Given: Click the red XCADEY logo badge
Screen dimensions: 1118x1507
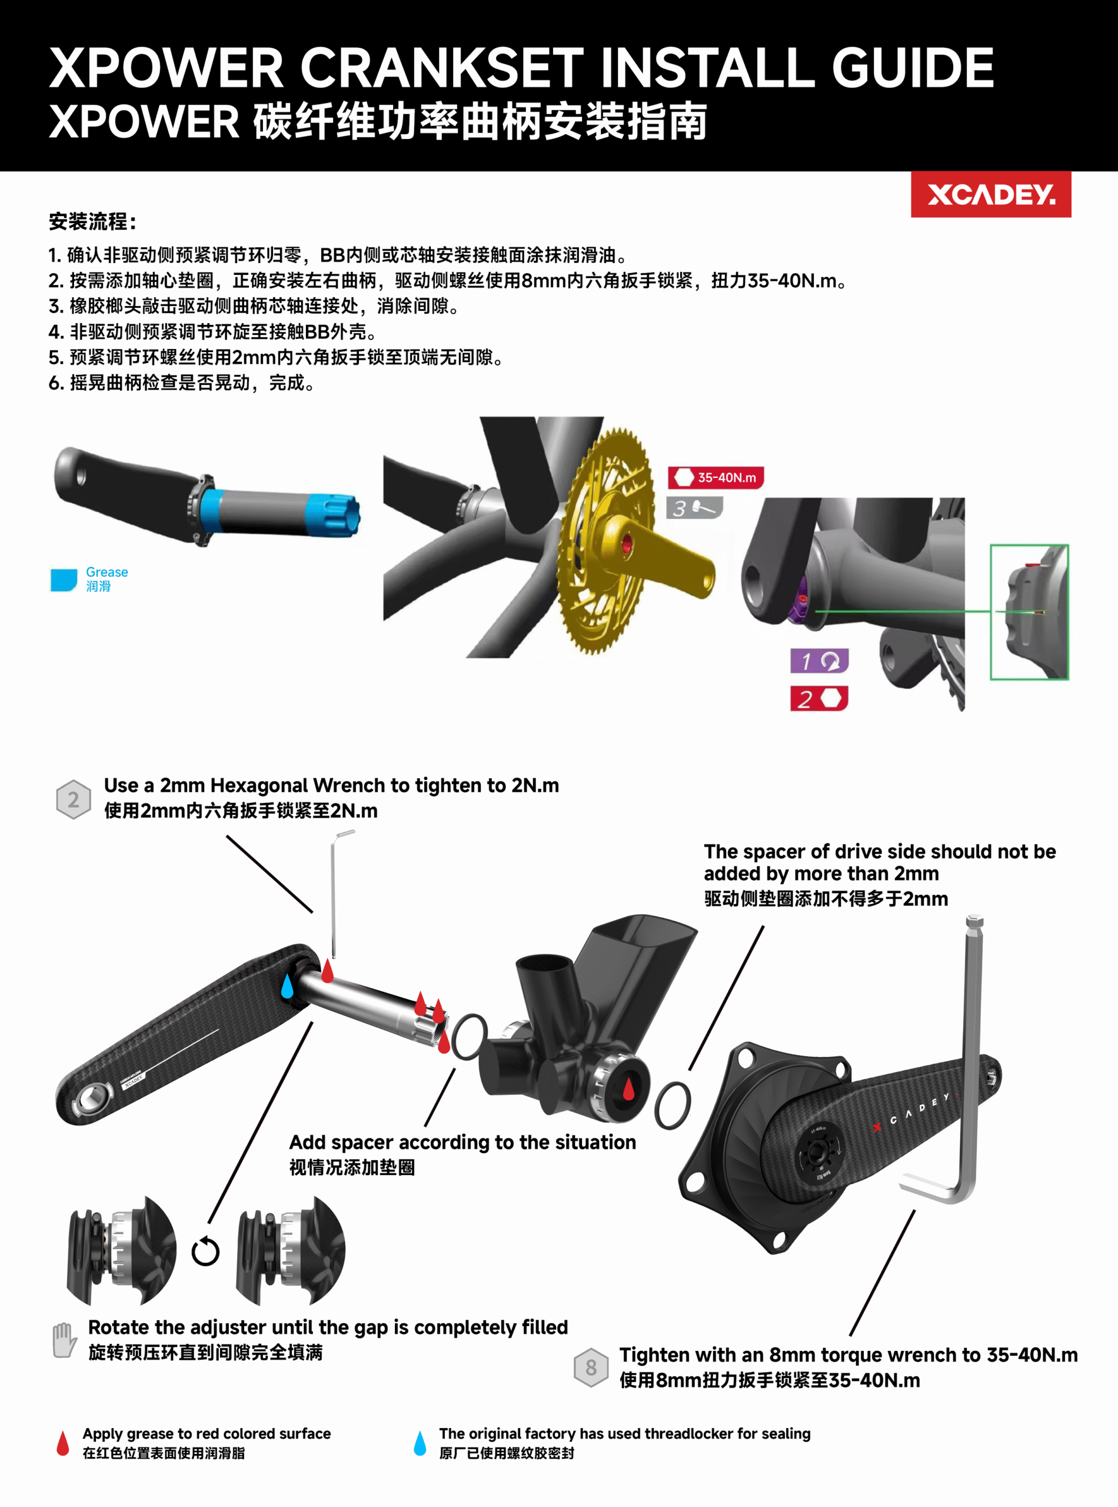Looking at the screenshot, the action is point(991,194).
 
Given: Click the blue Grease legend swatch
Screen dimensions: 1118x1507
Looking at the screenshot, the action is point(64,579).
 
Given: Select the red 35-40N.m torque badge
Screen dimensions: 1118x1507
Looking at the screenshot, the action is point(716,477).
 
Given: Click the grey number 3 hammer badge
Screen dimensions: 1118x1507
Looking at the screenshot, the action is point(694,508).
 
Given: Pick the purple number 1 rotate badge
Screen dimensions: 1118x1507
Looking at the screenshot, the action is point(820,660).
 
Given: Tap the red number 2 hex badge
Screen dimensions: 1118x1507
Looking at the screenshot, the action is point(820,699).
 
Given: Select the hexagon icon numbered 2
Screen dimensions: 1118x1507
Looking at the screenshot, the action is point(73,799).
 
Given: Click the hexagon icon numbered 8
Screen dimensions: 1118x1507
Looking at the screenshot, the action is point(591,1367).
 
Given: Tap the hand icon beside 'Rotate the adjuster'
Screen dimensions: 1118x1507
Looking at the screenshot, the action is point(64,1340).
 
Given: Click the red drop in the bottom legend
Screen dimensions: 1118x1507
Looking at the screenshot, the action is point(63,1443).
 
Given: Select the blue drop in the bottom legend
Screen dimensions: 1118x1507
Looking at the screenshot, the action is point(420,1443).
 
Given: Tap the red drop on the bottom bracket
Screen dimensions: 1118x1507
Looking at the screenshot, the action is point(628,1088).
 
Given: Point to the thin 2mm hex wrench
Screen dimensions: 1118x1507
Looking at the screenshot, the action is point(334,894).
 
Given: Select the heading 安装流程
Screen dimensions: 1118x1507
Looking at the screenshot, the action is point(94,221).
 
